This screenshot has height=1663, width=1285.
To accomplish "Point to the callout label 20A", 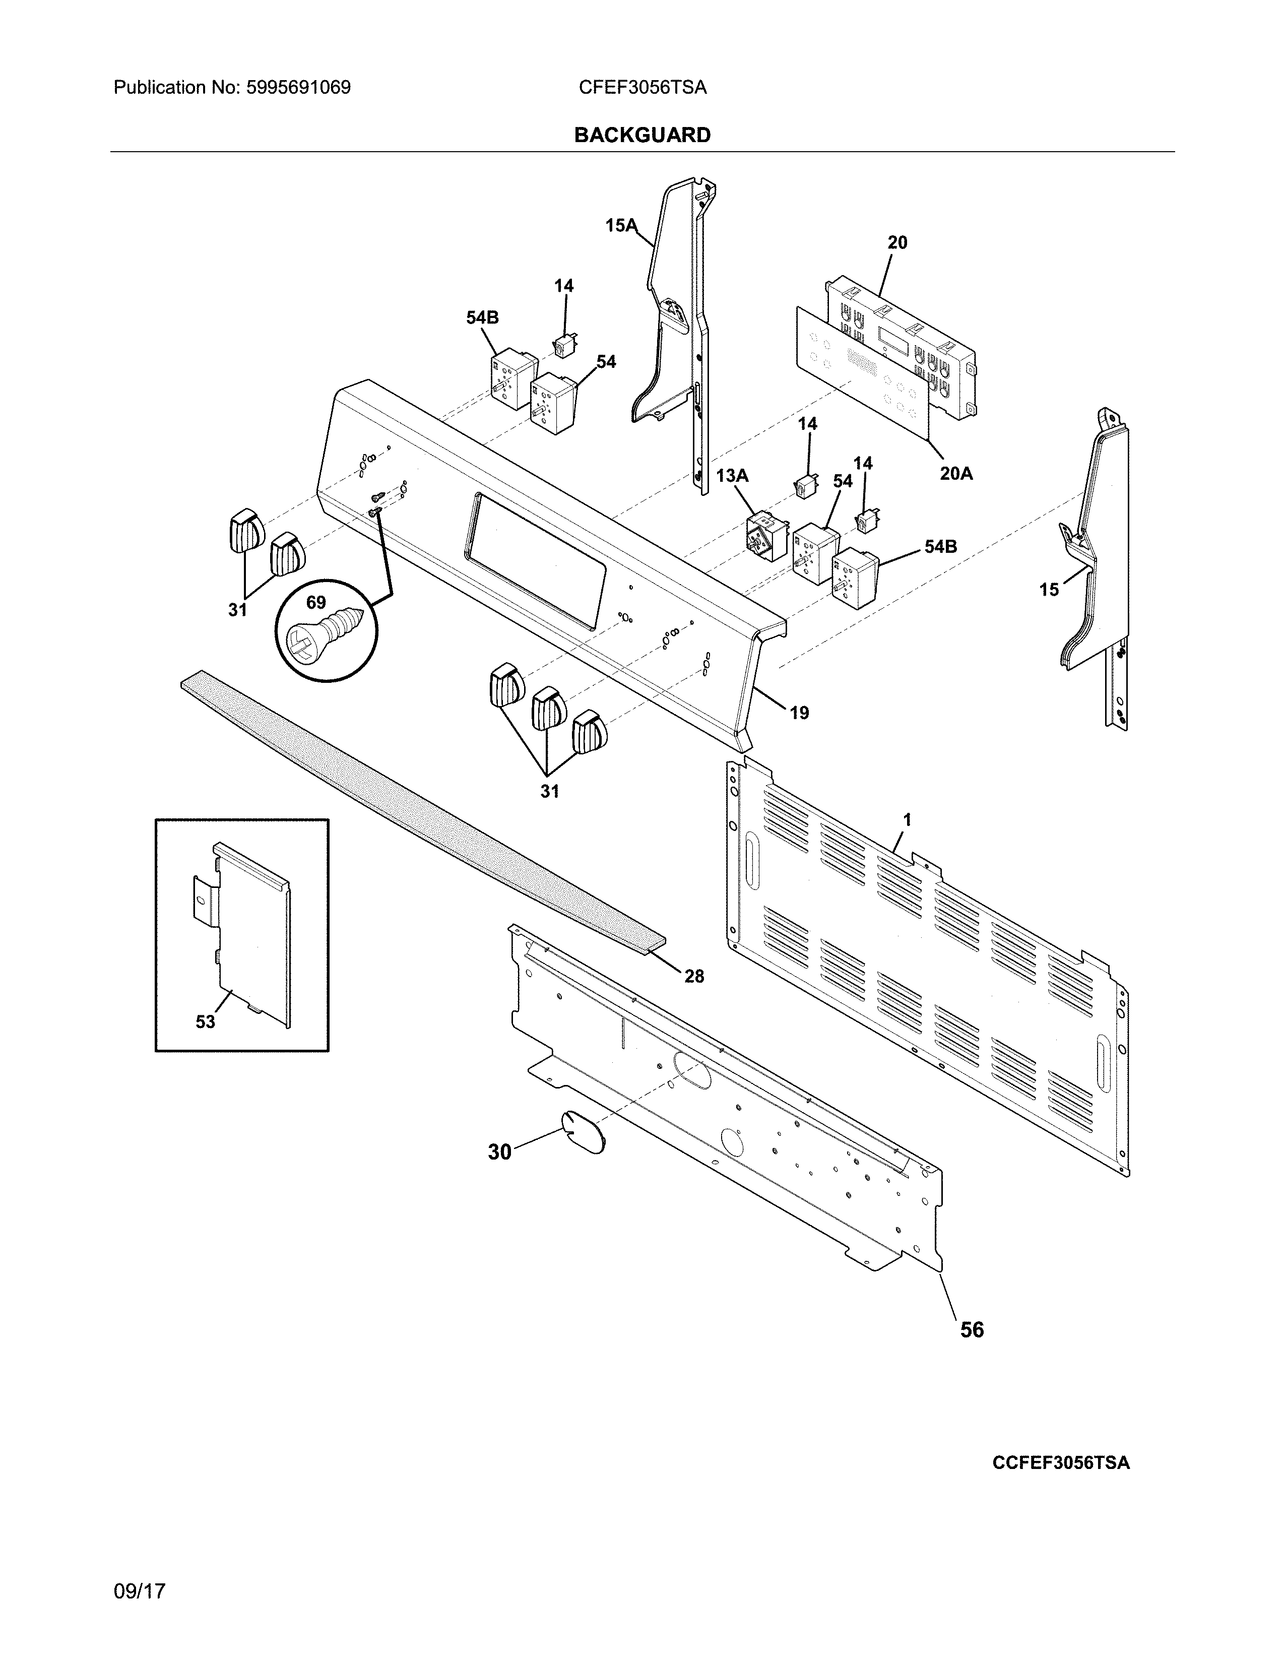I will coord(955,474).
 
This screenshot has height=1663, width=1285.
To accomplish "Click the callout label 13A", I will coord(732,476).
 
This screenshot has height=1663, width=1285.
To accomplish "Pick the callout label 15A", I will coord(620,225).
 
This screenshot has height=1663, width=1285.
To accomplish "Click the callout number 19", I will coord(799,713).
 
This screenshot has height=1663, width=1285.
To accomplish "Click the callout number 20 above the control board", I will coord(897,242).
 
